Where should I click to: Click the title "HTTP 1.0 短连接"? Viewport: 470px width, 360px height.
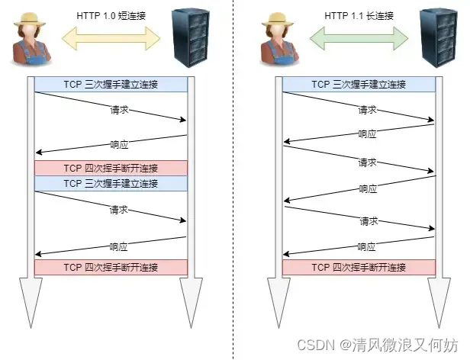(x=111, y=14)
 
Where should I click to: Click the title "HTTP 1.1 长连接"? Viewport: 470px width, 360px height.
(x=358, y=14)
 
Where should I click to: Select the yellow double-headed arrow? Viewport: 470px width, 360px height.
(x=111, y=36)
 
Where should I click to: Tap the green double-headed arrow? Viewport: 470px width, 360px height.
(x=358, y=36)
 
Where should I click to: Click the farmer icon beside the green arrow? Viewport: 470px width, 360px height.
(x=278, y=42)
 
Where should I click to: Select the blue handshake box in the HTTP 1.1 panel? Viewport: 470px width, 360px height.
(x=359, y=84)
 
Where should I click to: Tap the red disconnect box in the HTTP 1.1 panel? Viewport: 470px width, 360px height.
(x=359, y=268)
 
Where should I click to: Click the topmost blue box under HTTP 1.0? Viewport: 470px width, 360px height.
(x=111, y=84)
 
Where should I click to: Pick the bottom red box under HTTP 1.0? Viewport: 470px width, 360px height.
(x=111, y=268)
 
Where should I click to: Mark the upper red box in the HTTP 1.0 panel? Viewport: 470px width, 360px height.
(x=111, y=169)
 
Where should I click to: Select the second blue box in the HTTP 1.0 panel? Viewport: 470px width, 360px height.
(x=111, y=184)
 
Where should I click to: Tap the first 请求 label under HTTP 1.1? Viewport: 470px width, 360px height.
(x=367, y=110)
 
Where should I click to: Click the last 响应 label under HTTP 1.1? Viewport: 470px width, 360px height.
(x=367, y=247)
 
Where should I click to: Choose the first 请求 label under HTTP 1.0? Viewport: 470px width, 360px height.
(x=118, y=110)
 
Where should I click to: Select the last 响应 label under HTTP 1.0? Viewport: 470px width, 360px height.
(x=118, y=247)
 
